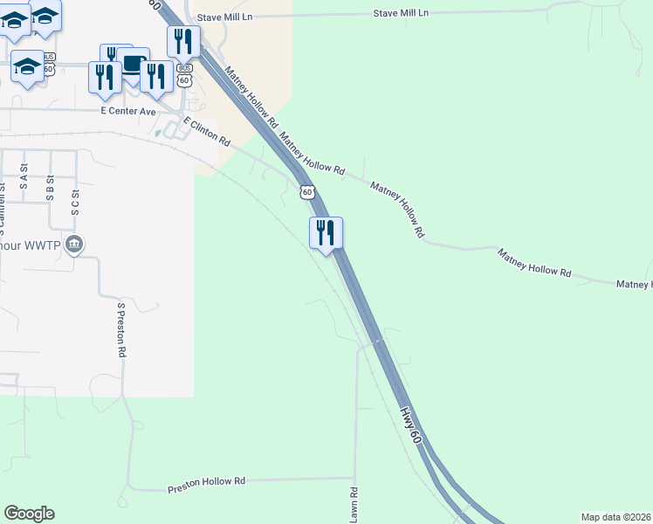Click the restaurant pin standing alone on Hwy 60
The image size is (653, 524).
[x=326, y=233]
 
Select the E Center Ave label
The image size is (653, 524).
[x=127, y=112]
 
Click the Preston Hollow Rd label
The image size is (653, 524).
[x=208, y=481]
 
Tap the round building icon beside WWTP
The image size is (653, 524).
[x=75, y=244]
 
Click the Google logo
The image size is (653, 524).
[x=29, y=514]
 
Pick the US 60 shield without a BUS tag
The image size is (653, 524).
[x=306, y=191]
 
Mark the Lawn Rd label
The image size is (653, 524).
[x=354, y=505]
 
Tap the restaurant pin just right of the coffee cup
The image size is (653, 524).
[x=155, y=76]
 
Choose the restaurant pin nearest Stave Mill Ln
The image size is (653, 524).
[x=183, y=40]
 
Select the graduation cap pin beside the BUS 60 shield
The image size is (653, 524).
[x=27, y=66]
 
